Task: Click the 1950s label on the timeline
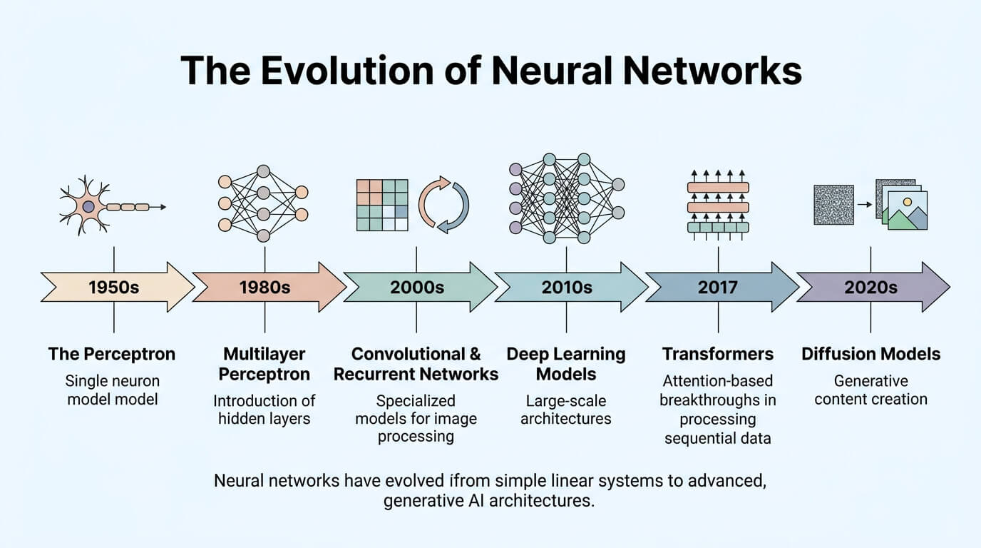tap(114, 287)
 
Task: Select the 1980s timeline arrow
tap(269, 287)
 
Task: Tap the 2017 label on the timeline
tap(717, 287)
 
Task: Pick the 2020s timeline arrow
tap(873, 287)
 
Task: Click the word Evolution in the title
tap(347, 70)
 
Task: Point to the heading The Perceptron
tap(112, 354)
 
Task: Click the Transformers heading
tap(718, 354)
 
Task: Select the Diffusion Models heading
tap(870, 354)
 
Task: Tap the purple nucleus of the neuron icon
tap(88, 206)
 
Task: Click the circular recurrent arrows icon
tap(443, 205)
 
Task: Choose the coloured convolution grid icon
tap(382, 205)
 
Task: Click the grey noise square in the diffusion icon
tap(834, 205)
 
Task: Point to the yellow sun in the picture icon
tap(908, 202)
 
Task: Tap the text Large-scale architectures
tap(566, 410)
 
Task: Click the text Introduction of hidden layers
tap(264, 410)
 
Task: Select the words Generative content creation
tap(870, 390)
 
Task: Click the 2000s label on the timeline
tap(417, 287)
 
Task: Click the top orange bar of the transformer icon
tap(718, 188)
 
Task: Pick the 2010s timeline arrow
tap(571, 287)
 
